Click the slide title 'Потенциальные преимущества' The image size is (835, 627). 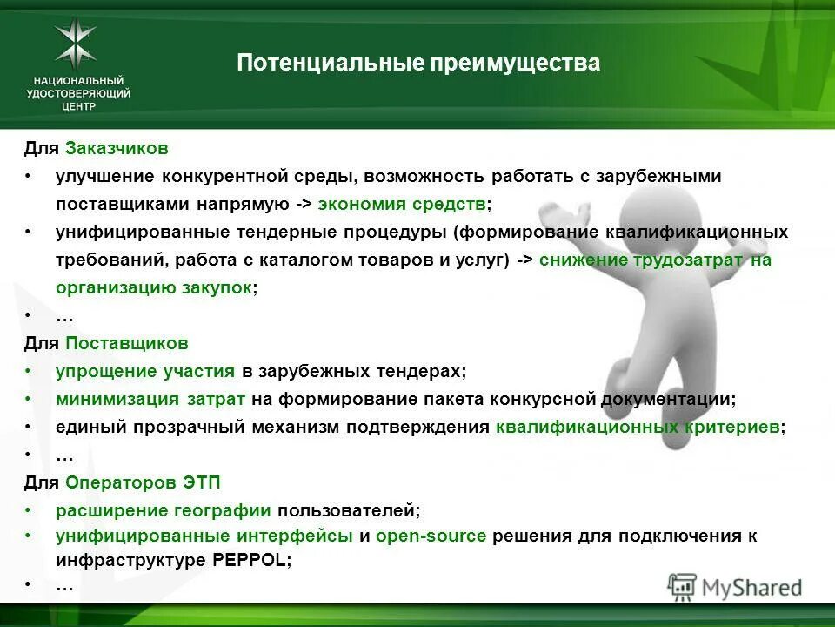(x=418, y=64)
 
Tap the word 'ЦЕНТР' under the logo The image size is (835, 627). (x=79, y=106)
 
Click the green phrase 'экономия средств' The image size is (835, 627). (x=403, y=205)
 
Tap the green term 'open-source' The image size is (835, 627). (x=431, y=536)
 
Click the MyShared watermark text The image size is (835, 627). (x=751, y=588)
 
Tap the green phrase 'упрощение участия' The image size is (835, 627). (x=145, y=371)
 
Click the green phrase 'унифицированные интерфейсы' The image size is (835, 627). (x=204, y=536)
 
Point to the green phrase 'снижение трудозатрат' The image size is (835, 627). (x=641, y=260)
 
